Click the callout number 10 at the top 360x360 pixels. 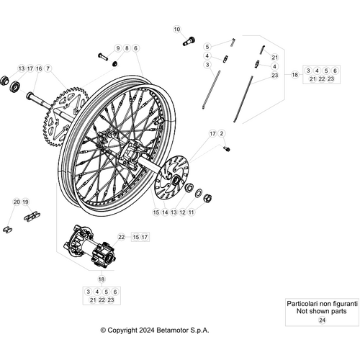pos(177,30)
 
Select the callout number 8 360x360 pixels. pos(127,48)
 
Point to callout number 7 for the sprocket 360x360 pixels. pos(48,68)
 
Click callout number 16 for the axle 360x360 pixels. pos(39,68)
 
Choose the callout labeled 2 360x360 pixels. pos(222,134)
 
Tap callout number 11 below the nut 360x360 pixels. pos(191,212)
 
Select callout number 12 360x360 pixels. pos(181,212)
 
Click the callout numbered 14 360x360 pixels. pos(164,212)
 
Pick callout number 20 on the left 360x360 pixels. pos(17,202)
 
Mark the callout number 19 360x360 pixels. pos(26,202)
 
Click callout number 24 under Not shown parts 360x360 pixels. pos(321,319)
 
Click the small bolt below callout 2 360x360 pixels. pos(228,148)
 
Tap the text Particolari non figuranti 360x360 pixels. pos(321,305)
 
